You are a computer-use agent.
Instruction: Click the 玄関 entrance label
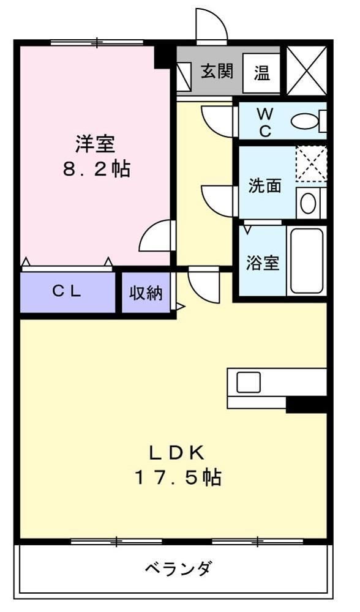tap(217, 72)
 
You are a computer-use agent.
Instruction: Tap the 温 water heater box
tap(262, 73)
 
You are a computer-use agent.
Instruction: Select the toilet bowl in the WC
tap(304, 121)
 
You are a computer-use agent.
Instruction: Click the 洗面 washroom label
tap(264, 186)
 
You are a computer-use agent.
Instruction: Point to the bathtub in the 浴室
tap(306, 261)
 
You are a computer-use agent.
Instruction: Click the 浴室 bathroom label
tap(263, 263)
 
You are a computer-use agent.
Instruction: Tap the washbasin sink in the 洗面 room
tap(309, 203)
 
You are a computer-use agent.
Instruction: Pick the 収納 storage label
tap(146, 293)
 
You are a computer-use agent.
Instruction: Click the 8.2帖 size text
tap(97, 170)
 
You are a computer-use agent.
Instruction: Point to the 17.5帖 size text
tap(178, 477)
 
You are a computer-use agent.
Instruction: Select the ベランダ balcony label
tap(178, 569)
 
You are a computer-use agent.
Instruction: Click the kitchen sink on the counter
tap(249, 382)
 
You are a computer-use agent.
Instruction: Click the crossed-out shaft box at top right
tap(306, 70)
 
